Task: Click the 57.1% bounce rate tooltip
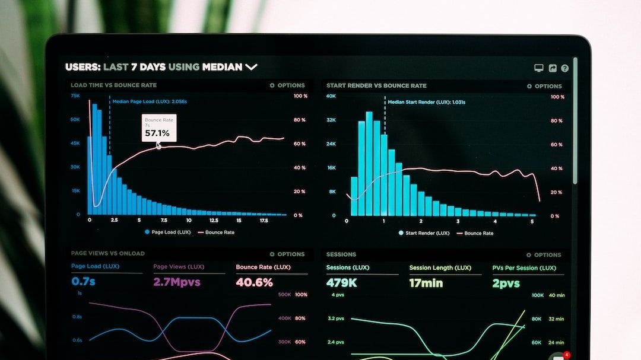click(x=158, y=128)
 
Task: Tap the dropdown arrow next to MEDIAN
click(x=251, y=67)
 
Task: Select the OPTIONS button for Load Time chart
click(x=287, y=85)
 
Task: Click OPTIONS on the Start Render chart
click(x=544, y=86)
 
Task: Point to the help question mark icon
click(x=564, y=68)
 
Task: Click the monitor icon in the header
click(x=539, y=68)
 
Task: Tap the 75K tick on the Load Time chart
click(x=75, y=95)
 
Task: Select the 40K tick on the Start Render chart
click(x=331, y=96)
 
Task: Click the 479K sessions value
click(x=341, y=283)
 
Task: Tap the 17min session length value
click(x=426, y=283)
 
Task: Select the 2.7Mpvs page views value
click(x=177, y=282)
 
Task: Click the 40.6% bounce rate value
click(x=254, y=282)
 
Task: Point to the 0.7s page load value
click(x=83, y=281)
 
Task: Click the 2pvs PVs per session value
click(x=506, y=283)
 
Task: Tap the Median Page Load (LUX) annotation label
click(x=150, y=101)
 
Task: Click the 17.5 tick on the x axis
click(x=264, y=220)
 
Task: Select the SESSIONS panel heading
click(x=341, y=254)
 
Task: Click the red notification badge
click(x=567, y=355)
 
